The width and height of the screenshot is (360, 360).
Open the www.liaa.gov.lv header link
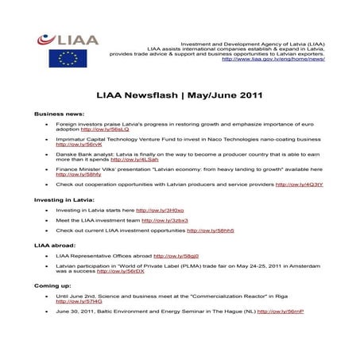(x=273, y=59)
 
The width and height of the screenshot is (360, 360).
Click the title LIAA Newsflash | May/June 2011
(x=180, y=93)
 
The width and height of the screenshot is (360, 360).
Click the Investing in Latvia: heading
(x=64, y=199)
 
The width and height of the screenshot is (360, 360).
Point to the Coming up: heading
(x=52, y=284)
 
